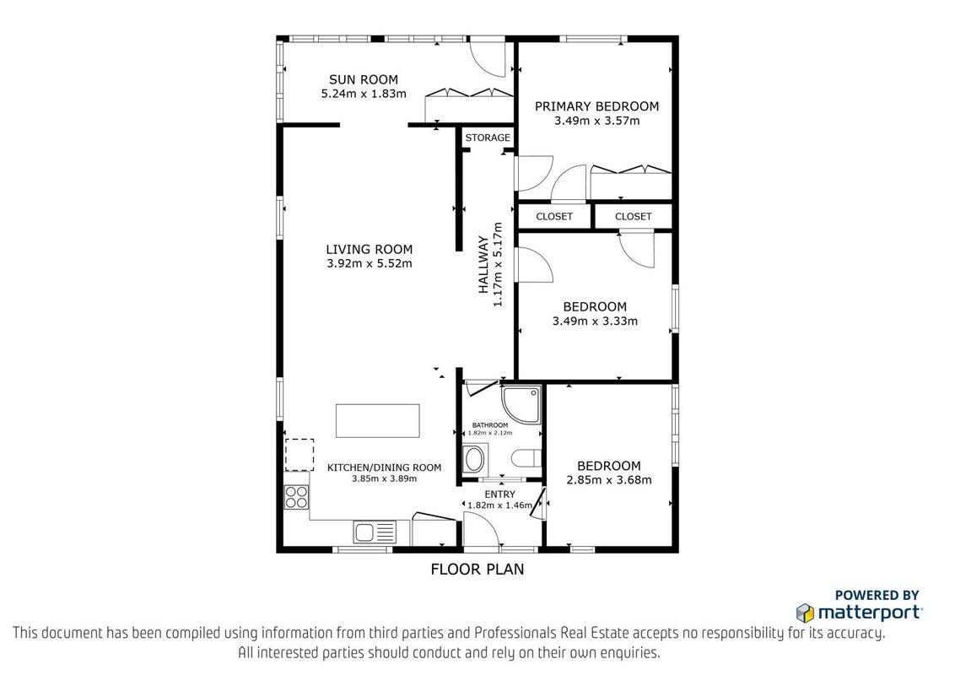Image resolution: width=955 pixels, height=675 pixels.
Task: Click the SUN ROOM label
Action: click(x=364, y=79)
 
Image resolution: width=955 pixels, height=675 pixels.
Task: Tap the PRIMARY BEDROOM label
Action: click(x=597, y=106)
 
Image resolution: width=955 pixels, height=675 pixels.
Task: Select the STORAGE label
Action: click(x=488, y=138)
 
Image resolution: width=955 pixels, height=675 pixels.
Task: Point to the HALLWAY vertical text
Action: click(x=483, y=264)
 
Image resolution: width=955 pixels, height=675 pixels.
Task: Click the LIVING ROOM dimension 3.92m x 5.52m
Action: click(x=369, y=264)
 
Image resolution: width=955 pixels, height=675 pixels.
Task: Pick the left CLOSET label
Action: click(x=554, y=216)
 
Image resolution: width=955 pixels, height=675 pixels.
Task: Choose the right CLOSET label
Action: click(x=634, y=216)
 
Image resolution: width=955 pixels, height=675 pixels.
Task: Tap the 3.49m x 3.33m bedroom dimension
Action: click(x=595, y=321)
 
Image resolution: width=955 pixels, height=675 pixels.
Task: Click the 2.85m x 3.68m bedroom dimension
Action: click(x=609, y=480)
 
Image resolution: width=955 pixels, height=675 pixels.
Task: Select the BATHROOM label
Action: click(x=490, y=425)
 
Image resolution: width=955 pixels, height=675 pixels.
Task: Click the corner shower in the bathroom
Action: click(x=521, y=404)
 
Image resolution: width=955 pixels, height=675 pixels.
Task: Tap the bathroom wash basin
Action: click(x=474, y=459)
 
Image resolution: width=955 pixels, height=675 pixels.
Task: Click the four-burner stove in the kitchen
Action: click(x=297, y=496)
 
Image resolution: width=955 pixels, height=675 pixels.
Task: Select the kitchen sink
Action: click(x=375, y=532)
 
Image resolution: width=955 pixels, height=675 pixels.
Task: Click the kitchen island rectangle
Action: click(x=378, y=420)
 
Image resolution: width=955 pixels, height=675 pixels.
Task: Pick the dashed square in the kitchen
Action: click(x=299, y=455)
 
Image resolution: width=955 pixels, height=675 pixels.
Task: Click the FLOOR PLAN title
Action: click(x=477, y=569)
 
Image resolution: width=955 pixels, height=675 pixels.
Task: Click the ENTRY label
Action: click(x=500, y=494)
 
